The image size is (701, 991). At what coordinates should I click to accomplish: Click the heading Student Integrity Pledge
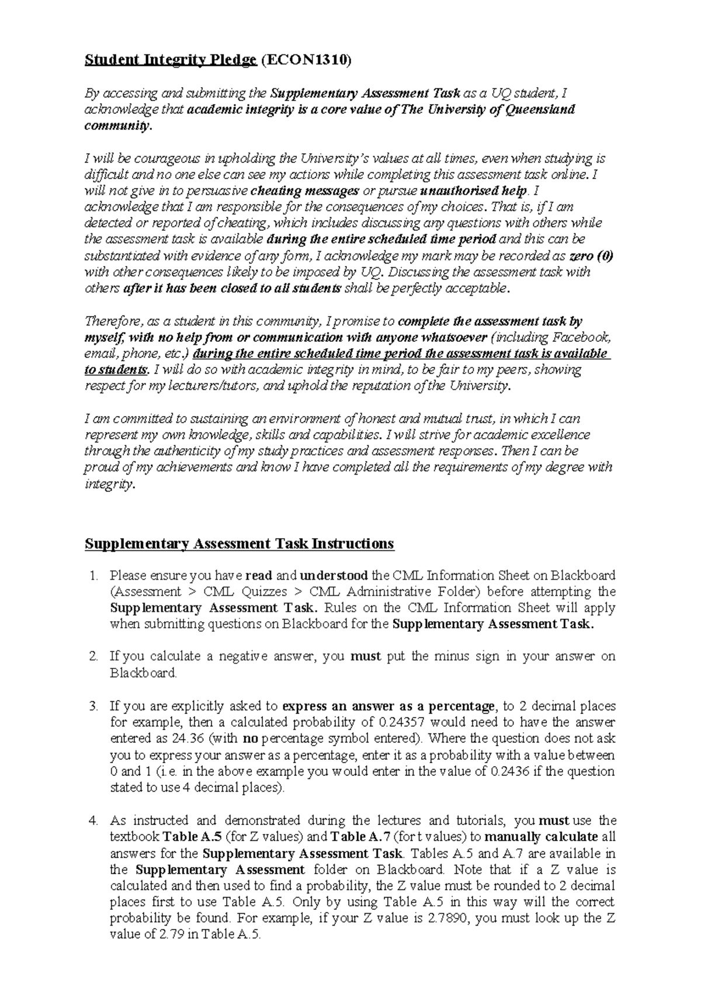(171, 60)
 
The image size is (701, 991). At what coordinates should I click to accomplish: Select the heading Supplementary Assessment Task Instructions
(240, 544)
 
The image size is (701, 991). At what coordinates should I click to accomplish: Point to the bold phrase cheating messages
(304, 190)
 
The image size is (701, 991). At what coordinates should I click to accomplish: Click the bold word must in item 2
(365, 656)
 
